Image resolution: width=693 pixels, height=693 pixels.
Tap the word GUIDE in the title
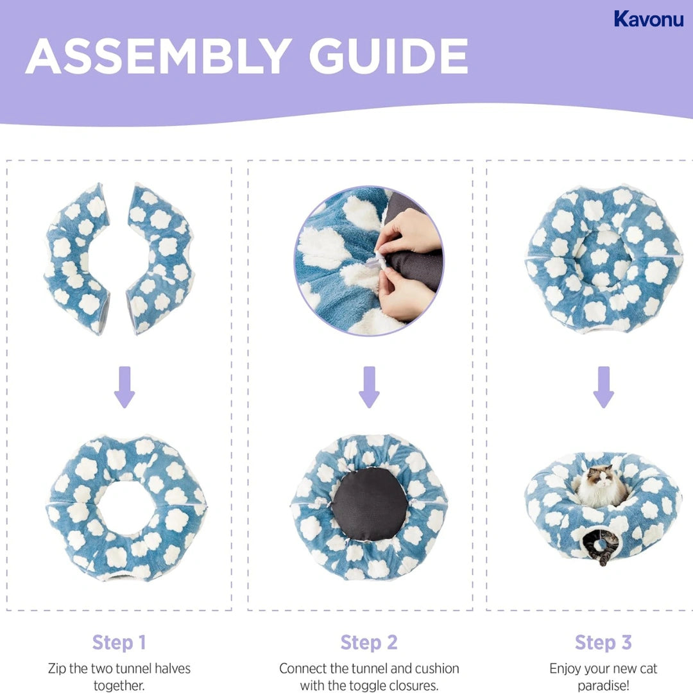(388, 56)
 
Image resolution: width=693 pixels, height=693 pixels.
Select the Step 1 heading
(119, 642)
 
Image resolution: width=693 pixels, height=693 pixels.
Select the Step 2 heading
(369, 642)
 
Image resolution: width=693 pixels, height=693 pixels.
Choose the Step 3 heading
(603, 642)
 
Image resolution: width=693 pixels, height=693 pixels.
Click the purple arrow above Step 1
(124, 387)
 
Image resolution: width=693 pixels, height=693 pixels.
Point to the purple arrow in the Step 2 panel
(369, 387)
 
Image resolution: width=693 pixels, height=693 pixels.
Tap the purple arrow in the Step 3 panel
(603, 387)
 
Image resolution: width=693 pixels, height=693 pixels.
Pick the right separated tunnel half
(160, 257)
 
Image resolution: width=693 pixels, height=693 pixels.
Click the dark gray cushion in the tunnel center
(370, 503)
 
